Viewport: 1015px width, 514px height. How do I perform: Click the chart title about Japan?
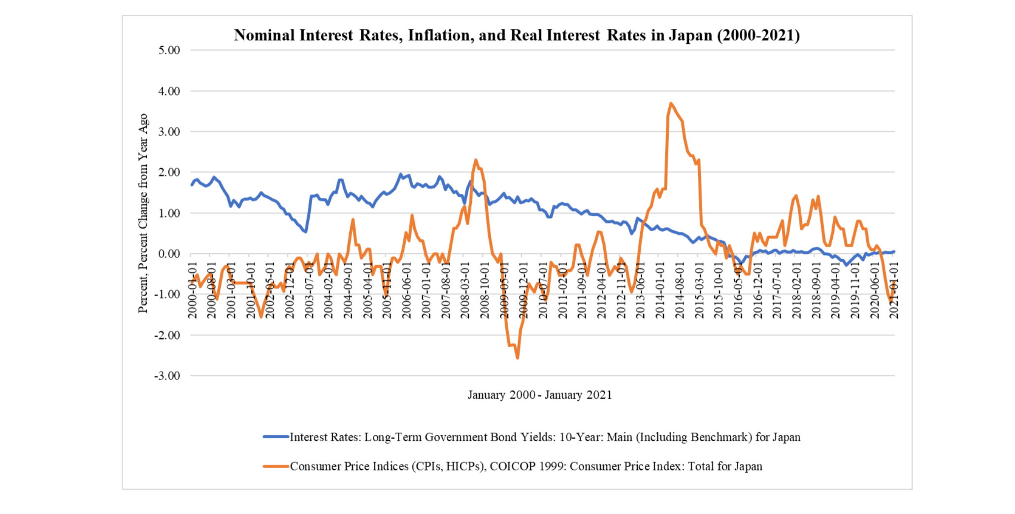(517, 35)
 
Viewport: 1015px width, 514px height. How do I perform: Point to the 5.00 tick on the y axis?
(169, 50)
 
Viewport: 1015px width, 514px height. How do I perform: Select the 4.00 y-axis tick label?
(169, 91)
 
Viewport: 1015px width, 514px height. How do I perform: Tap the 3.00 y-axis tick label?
(169, 132)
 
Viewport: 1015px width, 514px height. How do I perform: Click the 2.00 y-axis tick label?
(169, 173)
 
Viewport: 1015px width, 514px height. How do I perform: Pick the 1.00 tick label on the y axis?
(169, 213)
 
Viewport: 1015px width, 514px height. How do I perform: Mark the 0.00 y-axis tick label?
(169, 254)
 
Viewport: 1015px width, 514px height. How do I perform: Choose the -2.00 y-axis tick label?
(167, 335)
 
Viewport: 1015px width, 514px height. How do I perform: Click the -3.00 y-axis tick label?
(167, 376)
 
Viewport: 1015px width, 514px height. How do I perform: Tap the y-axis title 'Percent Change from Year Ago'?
(143, 213)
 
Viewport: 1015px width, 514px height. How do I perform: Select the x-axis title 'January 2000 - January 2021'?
(540, 395)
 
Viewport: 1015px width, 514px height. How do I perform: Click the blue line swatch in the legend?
(276, 437)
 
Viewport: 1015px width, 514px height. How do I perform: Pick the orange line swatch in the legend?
(276, 466)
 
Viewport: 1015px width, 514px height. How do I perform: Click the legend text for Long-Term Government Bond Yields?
(545, 437)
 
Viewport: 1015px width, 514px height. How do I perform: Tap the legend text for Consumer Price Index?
(526, 466)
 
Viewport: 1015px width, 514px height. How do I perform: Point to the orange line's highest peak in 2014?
(671, 103)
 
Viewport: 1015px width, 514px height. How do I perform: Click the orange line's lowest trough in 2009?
(518, 358)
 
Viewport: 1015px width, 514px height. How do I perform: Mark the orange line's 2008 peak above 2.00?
(476, 160)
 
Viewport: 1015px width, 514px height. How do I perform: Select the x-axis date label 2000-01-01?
(192, 290)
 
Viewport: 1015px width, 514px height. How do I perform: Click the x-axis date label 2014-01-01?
(660, 290)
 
